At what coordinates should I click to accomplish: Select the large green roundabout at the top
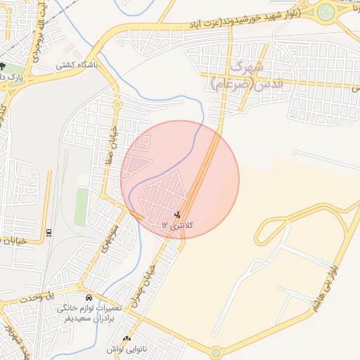tap(326, 11)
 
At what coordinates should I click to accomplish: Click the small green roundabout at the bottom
tap(216, 352)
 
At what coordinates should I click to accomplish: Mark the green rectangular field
tap(82, 206)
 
